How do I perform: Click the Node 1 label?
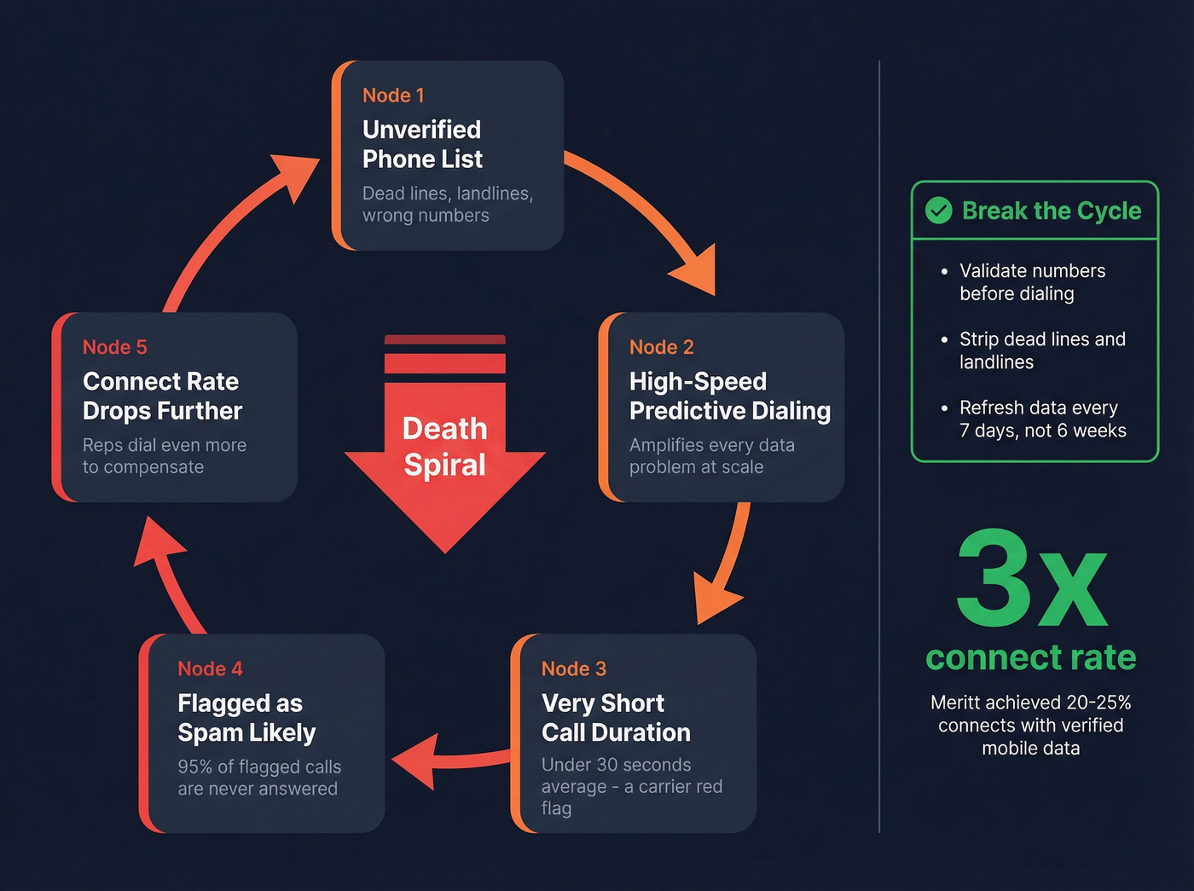393,95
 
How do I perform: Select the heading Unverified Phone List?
422,144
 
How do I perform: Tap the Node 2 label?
661,347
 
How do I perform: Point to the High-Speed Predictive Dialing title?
729,396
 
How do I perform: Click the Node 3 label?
573,668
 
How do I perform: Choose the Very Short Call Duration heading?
616,717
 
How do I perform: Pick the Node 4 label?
210,668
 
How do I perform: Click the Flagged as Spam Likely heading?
246,717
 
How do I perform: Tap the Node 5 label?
114,347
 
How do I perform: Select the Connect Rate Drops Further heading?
162,396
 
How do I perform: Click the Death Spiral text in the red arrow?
444,446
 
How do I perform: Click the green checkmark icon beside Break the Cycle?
939,210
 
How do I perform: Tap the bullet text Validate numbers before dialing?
1032,282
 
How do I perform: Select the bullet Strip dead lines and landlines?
1042,350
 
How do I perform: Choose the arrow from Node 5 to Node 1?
230,230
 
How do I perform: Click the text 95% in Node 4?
194,767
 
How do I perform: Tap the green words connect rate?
1030,657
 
